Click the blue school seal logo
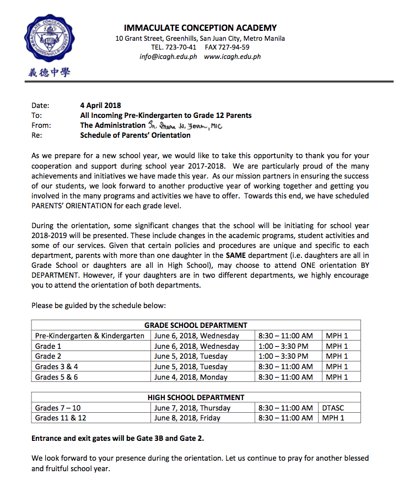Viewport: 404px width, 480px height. [x=49, y=39]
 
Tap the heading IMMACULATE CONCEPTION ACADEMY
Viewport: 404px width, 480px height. [x=200, y=28]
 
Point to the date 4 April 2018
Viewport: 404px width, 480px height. [x=101, y=105]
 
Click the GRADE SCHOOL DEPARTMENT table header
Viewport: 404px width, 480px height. [x=196, y=325]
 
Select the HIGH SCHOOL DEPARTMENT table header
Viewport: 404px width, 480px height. [x=196, y=397]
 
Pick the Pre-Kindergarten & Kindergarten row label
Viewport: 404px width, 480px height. [x=90, y=336]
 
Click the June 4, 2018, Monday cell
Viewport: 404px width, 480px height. [x=191, y=377]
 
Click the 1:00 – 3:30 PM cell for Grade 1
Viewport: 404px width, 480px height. [x=283, y=346]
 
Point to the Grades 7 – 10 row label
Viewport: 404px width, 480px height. [x=57, y=408]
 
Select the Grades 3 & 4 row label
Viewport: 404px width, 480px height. [x=56, y=366]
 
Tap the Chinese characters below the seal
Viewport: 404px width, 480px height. [x=49, y=72]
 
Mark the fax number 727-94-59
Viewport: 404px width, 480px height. [x=235, y=47]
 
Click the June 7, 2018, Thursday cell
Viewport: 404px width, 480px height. [x=192, y=408]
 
